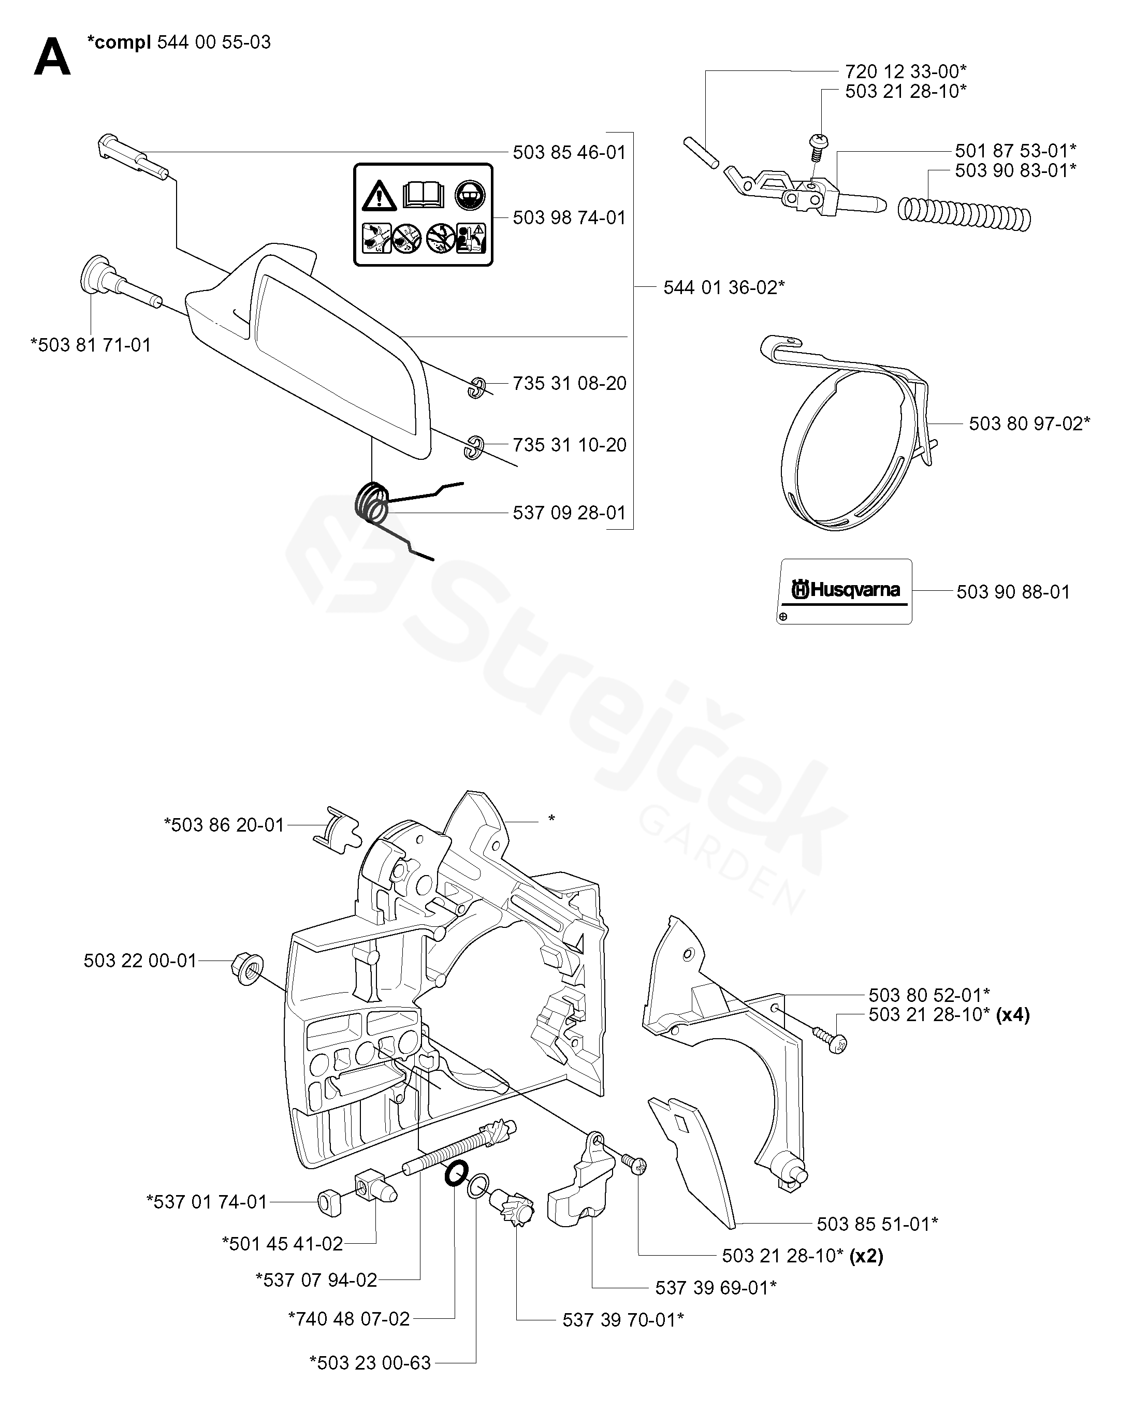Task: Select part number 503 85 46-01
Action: tap(569, 152)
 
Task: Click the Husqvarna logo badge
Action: tap(844, 591)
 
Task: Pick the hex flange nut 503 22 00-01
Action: tap(248, 969)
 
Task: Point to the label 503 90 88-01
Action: tap(1013, 592)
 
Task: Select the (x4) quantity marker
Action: tap(1012, 1015)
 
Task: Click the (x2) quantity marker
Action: tap(866, 1256)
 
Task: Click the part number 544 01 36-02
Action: tap(724, 287)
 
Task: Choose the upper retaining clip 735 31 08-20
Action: tap(476, 387)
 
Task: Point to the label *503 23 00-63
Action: tap(370, 1381)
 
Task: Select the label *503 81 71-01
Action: tap(91, 345)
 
